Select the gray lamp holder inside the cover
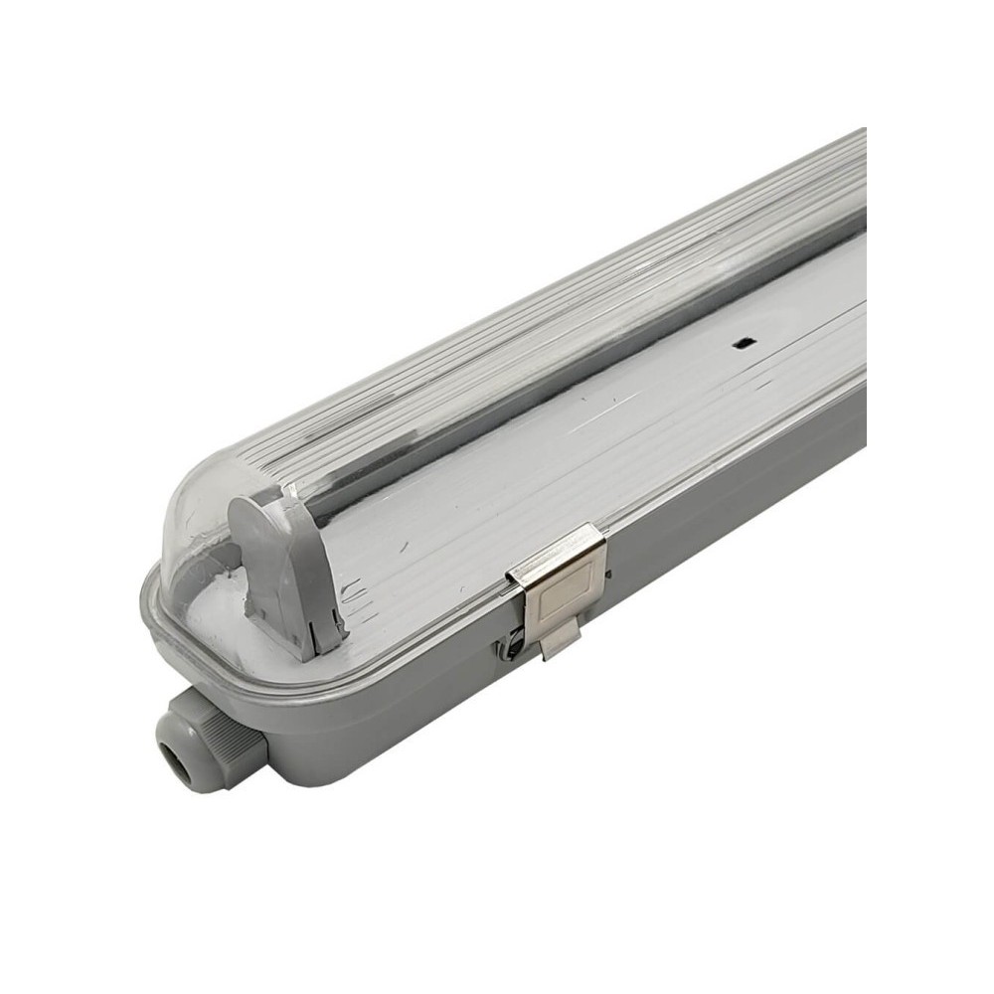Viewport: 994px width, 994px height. pyautogui.click(x=285, y=572)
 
